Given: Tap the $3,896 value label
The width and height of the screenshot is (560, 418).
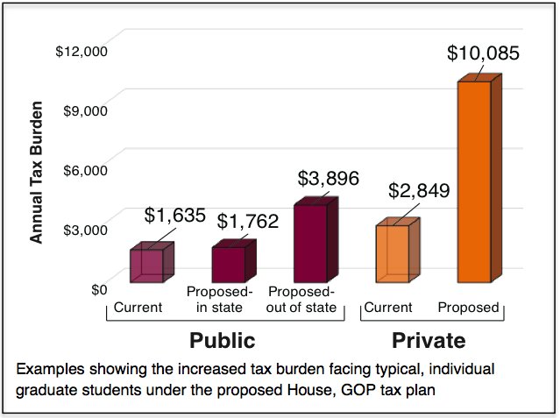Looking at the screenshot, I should coord(328,179).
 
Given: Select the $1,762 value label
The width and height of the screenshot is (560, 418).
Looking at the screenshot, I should coord(247,222).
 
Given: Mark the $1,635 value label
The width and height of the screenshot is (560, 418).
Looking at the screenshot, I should coord(175,216).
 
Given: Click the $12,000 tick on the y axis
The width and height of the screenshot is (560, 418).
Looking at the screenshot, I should coord(81,52).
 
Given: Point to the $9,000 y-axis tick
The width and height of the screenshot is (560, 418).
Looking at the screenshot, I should coord(85,111).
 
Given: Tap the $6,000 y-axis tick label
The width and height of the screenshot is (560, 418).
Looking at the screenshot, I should coord(85,170).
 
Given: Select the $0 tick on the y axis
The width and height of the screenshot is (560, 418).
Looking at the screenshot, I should coord(99,289).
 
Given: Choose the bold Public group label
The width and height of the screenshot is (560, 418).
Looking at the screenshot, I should coord(223,340).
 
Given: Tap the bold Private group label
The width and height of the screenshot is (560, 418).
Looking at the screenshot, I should coord(429,340).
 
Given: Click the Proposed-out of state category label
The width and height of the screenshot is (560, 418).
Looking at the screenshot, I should coord(301,299).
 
